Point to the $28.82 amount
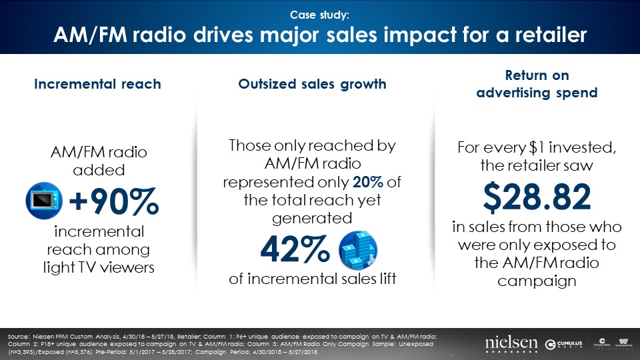(537, 197)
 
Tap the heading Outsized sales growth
(313, 84)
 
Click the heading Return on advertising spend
(537, 85)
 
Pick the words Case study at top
(319, 14)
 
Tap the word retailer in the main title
(546, 35)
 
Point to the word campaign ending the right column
(537, 281)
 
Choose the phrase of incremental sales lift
(313, 279)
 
